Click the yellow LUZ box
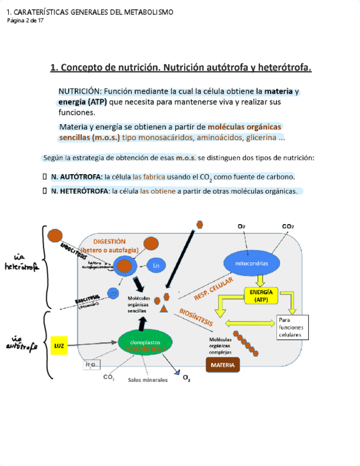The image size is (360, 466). [59, 345]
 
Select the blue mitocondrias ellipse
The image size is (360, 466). [251, 264]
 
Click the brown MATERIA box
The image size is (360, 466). [223, 365]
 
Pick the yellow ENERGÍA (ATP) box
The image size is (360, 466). [262, 296]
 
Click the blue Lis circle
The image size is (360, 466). [156, 265]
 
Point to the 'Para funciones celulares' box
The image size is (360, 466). [293, 327]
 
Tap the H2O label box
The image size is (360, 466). [90, 364]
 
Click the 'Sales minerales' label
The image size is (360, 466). [148, 380]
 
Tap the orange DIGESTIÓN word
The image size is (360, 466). [109, 241]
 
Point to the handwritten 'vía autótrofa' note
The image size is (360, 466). [22, 342]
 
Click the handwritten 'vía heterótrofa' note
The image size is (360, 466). [21, 263]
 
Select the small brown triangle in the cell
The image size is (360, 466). [163, 308]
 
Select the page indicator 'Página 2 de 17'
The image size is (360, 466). [25, 20]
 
